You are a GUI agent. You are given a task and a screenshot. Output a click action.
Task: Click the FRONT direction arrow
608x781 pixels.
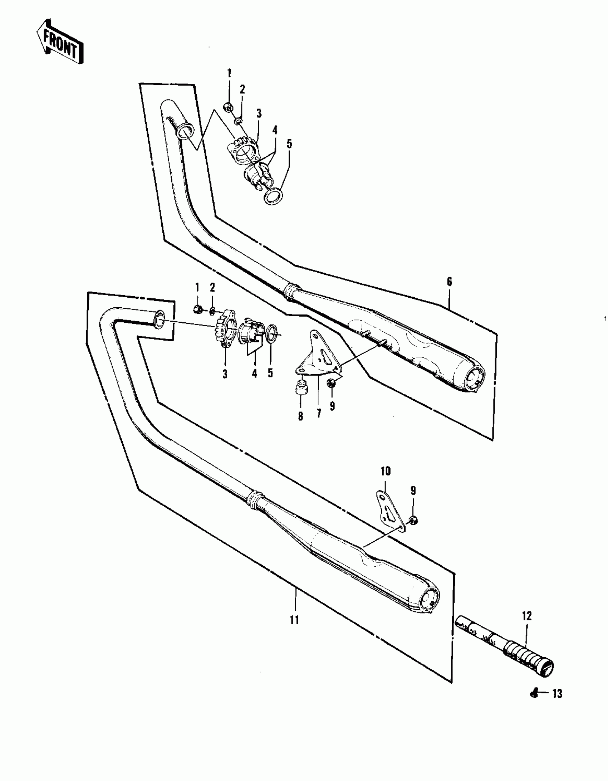[x=60, y=45]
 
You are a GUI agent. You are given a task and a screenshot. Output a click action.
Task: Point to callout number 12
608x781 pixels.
[x=527, y=616]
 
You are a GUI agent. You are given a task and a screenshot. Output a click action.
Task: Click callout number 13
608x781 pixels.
[x=558, y=704]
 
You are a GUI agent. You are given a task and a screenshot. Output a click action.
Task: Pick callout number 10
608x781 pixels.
[x=385, y=471]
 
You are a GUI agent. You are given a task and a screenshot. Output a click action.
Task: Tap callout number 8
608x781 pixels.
[x=300, y=416]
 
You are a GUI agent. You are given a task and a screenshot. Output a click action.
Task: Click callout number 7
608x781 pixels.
[x=319, y=413]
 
